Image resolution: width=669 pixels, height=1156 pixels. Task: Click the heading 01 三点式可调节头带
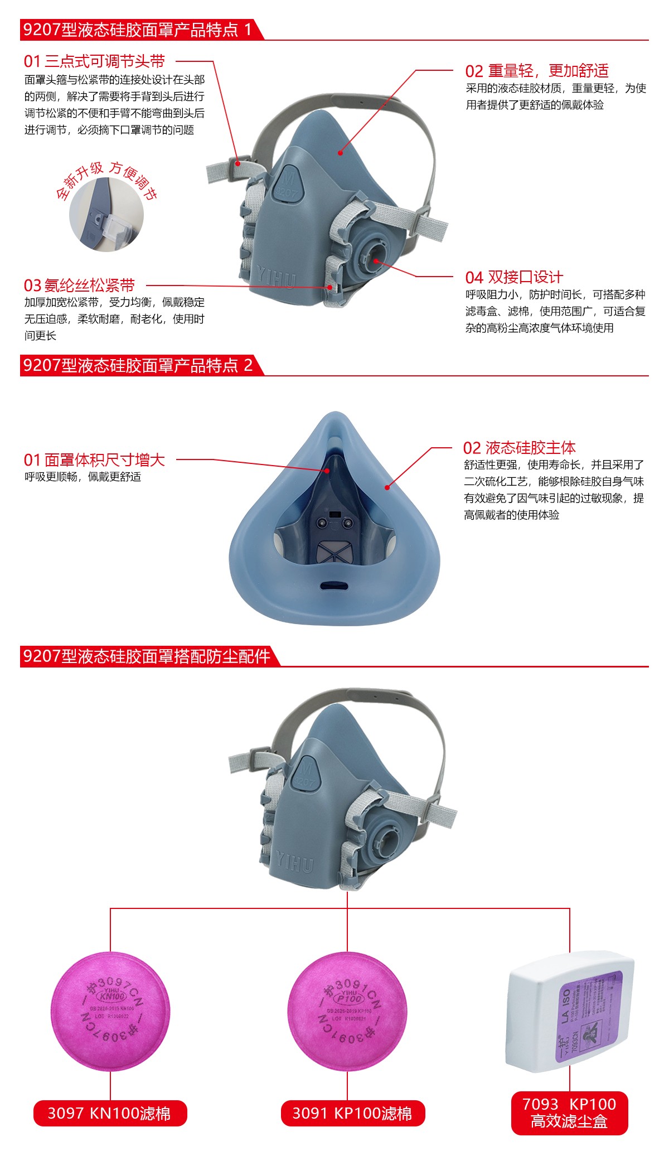(x=95, y=61)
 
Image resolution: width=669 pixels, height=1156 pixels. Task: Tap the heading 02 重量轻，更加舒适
(x=536, y=71)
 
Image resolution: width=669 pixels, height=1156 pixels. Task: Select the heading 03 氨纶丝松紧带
(x=79, y=285)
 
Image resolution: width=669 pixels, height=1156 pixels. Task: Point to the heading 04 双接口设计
(x=514, y=277)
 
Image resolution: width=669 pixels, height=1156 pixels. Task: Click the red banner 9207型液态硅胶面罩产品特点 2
(x=138, y=365)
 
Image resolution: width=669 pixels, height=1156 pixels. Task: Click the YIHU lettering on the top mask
(x=277, y=277)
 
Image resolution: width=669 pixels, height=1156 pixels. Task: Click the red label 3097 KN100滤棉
(x=110, y=1113)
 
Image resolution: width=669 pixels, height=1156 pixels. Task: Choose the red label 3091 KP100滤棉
(x=352, y=1113)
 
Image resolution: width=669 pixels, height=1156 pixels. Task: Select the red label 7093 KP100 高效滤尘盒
(x=569, y=1113)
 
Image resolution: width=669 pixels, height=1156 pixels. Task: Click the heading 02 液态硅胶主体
(x=519, y=447)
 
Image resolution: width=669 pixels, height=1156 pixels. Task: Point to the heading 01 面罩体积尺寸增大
(x=95, y=460)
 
